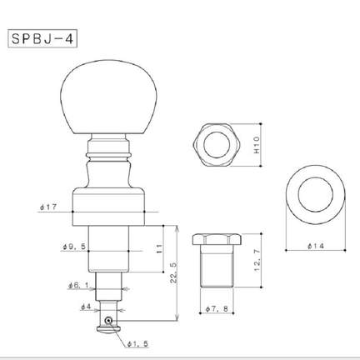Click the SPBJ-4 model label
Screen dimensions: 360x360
click(42, 38)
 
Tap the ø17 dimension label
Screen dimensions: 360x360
click(48, 207)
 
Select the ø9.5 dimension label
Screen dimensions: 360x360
click(74, 247)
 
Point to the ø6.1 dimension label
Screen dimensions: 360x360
click(78, 285)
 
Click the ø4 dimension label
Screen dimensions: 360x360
click(86, 307)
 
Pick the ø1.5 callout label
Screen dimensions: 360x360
click(137, 344)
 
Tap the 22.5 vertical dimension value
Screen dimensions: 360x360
click(173, 273)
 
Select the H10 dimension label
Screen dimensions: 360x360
click(256, 145)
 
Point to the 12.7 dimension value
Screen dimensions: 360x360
click(257, 261)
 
